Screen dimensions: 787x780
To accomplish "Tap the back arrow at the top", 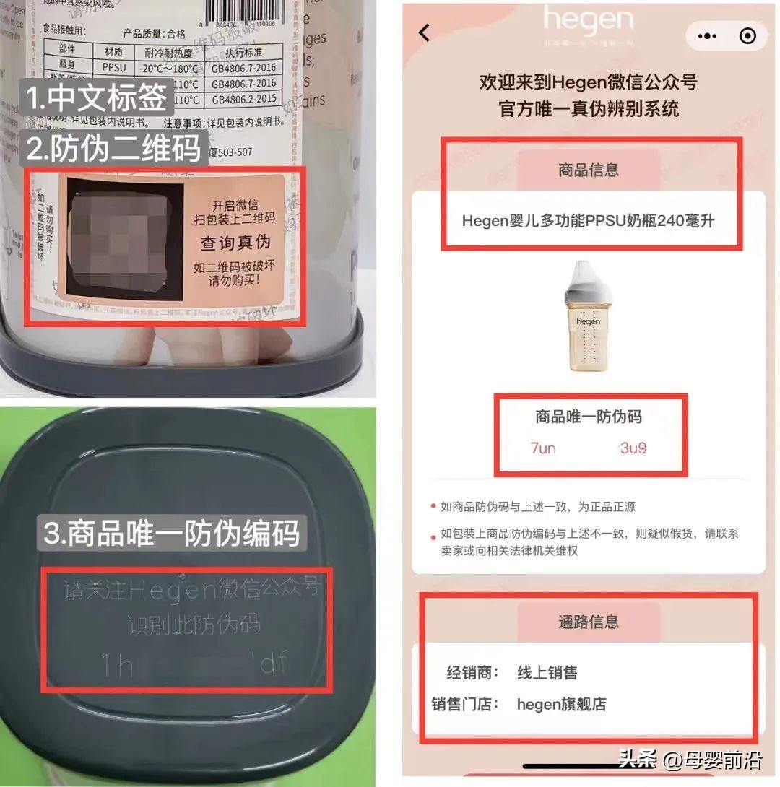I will (425, 32).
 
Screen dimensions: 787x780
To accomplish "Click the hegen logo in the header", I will (588, 21).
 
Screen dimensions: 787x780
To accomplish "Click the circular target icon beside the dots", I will (748, 35).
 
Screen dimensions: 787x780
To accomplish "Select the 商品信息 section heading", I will (589, 170).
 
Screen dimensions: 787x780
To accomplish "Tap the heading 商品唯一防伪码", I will (589, 417).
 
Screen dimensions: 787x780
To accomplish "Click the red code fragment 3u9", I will (633, 448).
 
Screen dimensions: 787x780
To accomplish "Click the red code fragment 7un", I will (543, 448).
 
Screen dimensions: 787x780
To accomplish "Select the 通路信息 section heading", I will (589, 622).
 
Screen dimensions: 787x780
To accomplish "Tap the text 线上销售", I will (547, 673).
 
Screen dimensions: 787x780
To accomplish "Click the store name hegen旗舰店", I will (561, 704).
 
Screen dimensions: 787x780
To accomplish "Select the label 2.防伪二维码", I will (113, 148).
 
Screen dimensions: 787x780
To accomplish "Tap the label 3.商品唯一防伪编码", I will (171, 532).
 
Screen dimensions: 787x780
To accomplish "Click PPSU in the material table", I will (114, 67).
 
